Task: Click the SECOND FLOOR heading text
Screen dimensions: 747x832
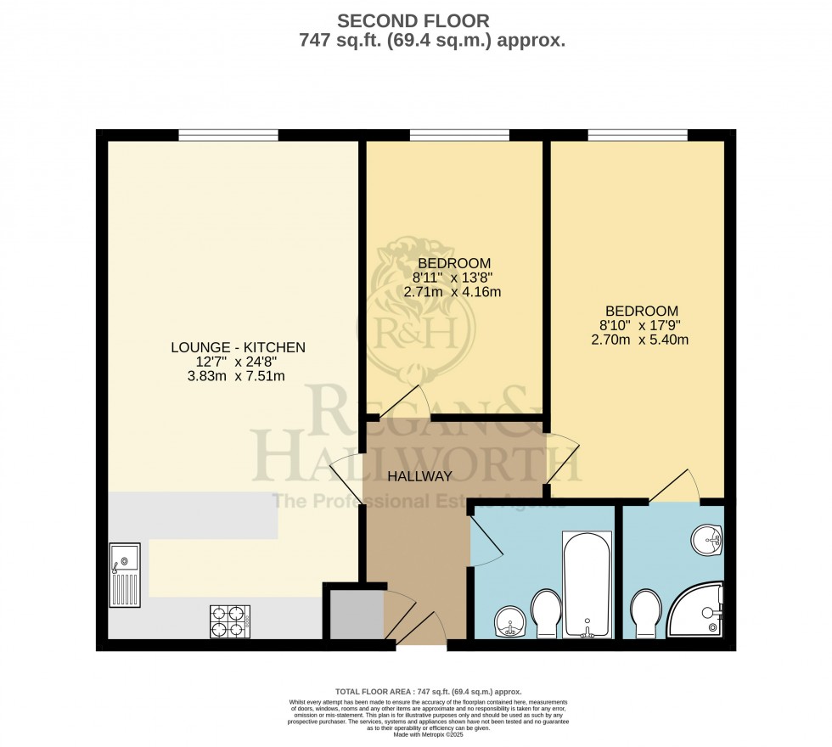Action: [413, 20]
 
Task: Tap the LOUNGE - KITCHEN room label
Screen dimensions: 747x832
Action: [238, 347]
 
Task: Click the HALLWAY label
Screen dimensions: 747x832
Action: [419, 476]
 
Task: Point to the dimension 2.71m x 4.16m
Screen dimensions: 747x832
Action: [453, 292]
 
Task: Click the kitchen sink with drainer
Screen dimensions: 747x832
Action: [125, 575]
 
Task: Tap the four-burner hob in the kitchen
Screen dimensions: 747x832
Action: [229, 621]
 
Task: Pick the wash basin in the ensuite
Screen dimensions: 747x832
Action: [706, 538]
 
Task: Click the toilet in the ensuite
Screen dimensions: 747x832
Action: [646, 614]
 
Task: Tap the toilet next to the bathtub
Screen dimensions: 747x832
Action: [544, 615]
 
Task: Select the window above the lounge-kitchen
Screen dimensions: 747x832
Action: [228, 135]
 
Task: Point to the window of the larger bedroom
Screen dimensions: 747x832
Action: [638, 135]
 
